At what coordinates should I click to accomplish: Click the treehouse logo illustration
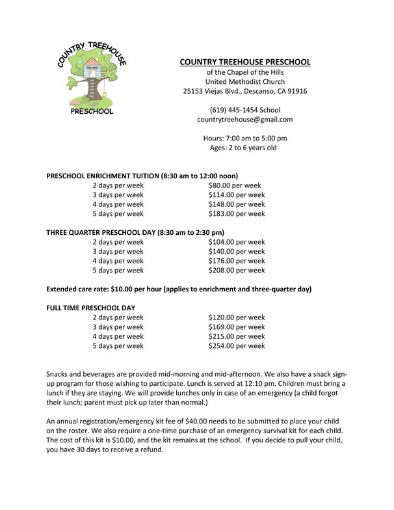click(x=91, y=79)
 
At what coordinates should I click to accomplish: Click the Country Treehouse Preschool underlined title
click(x=245, y=62)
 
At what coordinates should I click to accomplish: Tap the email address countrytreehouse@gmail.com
click(x=245, y=120)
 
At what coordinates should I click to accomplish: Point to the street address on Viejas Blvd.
click(x=245, y=91)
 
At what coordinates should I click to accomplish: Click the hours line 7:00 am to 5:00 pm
click(x=245, y=138)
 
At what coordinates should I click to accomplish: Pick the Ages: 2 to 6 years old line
click(x=243, y=148)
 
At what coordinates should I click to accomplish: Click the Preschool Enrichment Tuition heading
click(x=142, y=176)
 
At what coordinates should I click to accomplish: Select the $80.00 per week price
click(x=235, y=185)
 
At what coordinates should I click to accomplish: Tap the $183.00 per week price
click(x=237, y=213)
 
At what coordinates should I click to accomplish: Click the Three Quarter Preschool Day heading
click(x=135, y=232)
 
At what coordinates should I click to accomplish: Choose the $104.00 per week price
click(x=237, y=242)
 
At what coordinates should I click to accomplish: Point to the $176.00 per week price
click(x=237, y=261)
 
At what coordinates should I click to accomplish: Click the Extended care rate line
click(x=179, y=289)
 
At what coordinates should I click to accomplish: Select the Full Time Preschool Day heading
click(x=90, y=308)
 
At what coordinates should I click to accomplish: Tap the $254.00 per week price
click(x=237, y=346)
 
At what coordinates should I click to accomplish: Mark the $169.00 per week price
click(x=237, y=327)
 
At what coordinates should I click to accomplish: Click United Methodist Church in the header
click(x=245, y=82)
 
